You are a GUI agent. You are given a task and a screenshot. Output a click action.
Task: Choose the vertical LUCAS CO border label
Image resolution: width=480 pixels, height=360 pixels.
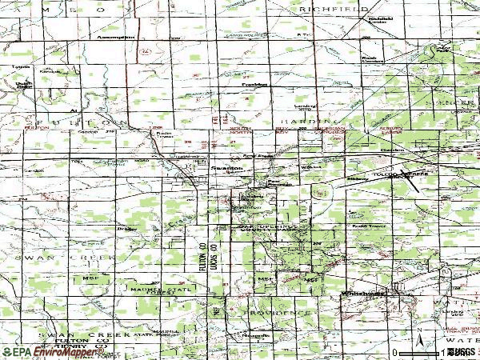[x=214, y=258]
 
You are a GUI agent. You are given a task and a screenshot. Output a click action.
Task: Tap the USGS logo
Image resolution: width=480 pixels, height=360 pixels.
[x=462, y=352]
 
